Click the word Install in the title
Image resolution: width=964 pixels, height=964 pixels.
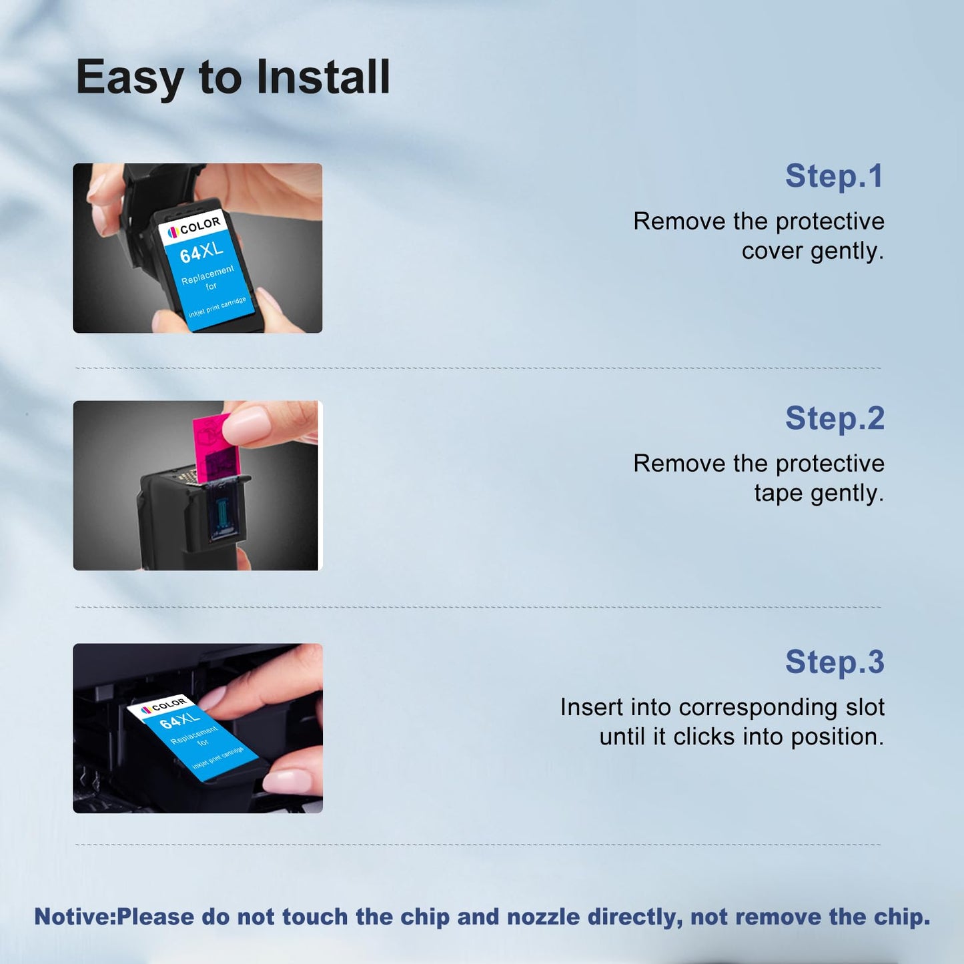tap(323, 77)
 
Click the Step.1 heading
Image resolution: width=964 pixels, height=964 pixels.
tap(835, 176)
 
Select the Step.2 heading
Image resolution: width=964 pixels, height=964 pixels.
tap(835, 418)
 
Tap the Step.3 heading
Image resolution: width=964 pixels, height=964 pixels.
tap(835, 662)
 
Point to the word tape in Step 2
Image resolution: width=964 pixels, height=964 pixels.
tap(778, 494)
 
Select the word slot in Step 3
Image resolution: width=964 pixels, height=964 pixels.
tap(866, 707)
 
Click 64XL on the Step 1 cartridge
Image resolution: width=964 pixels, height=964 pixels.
tap(201, 252)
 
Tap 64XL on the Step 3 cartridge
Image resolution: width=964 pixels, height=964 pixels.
tap(179, 721)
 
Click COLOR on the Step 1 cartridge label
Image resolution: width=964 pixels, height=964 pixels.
tap(199, 225)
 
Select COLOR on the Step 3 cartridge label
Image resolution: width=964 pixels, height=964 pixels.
tap(169, 704)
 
